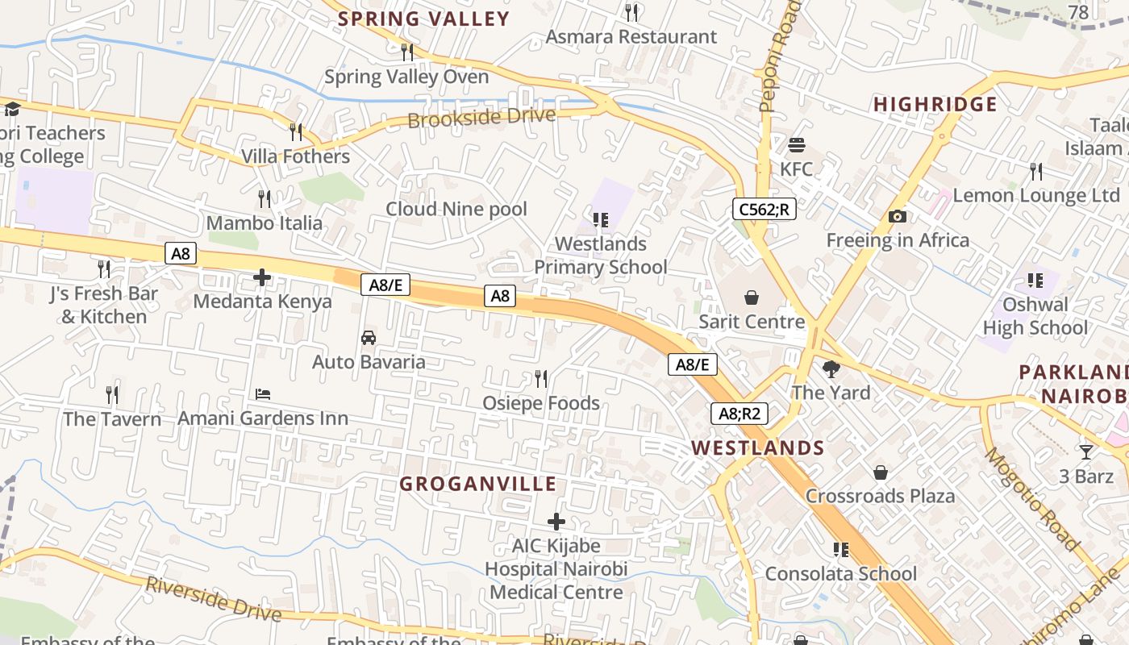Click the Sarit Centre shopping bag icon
point(752,298)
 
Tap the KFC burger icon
point(797,145)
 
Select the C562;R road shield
point(764,210)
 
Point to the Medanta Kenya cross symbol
point(262,278)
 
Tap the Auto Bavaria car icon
point(369,338)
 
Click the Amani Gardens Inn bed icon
point(263,394)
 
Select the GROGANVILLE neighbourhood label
point(478,484)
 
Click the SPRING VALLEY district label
point(423,19)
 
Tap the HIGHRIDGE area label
point(935,104)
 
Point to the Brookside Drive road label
point(481,118)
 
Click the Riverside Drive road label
point(214,599)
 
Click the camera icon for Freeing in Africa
point(897,216)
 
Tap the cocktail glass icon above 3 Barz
point(1086,451)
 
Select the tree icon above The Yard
point(831,369)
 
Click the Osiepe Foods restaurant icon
point(541,378)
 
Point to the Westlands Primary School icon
point(600,219)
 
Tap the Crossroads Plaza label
point(880,496)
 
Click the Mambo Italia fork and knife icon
point(264,198)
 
